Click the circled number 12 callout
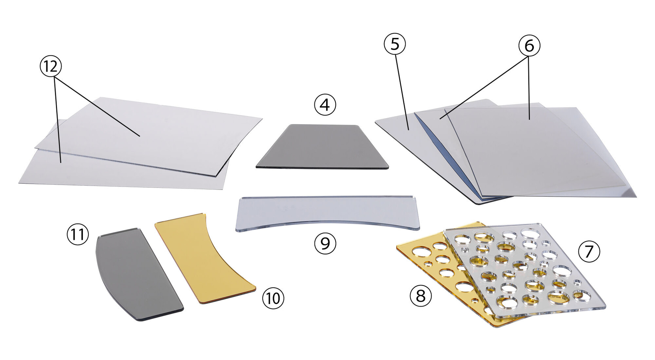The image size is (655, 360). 50,66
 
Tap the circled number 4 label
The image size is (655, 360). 325,105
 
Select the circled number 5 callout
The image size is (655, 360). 395,44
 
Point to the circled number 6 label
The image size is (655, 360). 529,45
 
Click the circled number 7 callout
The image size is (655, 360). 589,251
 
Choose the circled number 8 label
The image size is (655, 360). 421,296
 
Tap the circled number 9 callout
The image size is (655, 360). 325,243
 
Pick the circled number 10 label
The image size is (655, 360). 273,298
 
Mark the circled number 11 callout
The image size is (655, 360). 78,235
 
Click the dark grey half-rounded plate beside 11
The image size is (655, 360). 136,273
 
